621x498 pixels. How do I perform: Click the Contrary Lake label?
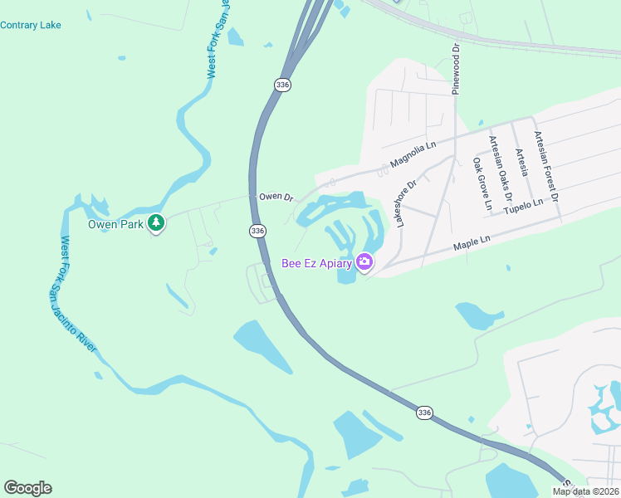coord(31,25)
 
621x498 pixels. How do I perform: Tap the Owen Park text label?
coord(115,223)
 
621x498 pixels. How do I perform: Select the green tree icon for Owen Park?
coord(155,223)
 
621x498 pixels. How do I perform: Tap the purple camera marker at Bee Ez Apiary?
coord(364,263)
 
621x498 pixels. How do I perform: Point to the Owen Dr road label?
coord(276,198)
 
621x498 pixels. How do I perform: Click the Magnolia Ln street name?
coord(413,154)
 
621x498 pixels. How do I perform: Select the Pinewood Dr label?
coord(456,70)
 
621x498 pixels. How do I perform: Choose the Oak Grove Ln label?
coord(482,183)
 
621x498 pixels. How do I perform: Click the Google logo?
coord(27,488)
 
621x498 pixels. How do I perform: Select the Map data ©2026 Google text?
coord(585,491)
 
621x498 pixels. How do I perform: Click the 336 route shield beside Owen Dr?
coord(258,231)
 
